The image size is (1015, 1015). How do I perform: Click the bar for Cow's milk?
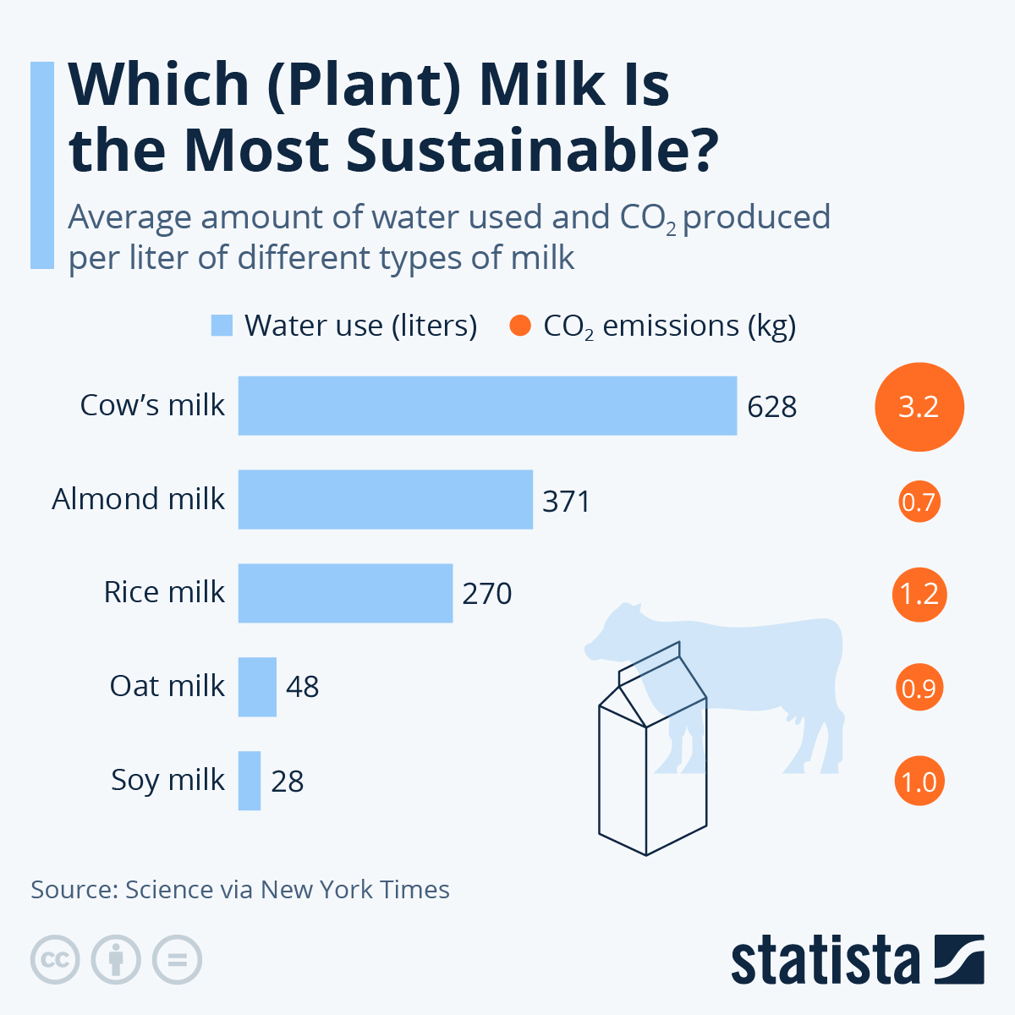tap(487, 406)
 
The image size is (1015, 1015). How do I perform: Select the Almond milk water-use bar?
tap(385, 500)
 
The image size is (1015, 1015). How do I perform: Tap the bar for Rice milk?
tap(345, 593)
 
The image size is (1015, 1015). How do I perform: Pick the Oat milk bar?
tap(257, 687)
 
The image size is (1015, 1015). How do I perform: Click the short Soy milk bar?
tap(250, 781)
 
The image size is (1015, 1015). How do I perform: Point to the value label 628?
tap(771, 407)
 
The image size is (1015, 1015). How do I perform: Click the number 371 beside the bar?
tap(566, 501)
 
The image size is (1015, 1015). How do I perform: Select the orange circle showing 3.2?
tap(919, 407)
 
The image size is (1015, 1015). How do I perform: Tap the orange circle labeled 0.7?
tap(919, 502)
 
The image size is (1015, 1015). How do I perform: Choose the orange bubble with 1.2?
tap(919, 594)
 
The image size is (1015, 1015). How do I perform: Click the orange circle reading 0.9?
tap(919, 688)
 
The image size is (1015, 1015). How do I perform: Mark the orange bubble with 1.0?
tap(919, 781)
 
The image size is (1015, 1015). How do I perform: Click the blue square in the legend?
tap(222, 326)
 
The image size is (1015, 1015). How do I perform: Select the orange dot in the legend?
tap(520, 326)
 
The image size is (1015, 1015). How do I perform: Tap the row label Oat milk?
tap(167, 686)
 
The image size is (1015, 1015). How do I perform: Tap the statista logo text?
tap(825, 961)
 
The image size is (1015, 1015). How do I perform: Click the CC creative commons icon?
tap(55, 960)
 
